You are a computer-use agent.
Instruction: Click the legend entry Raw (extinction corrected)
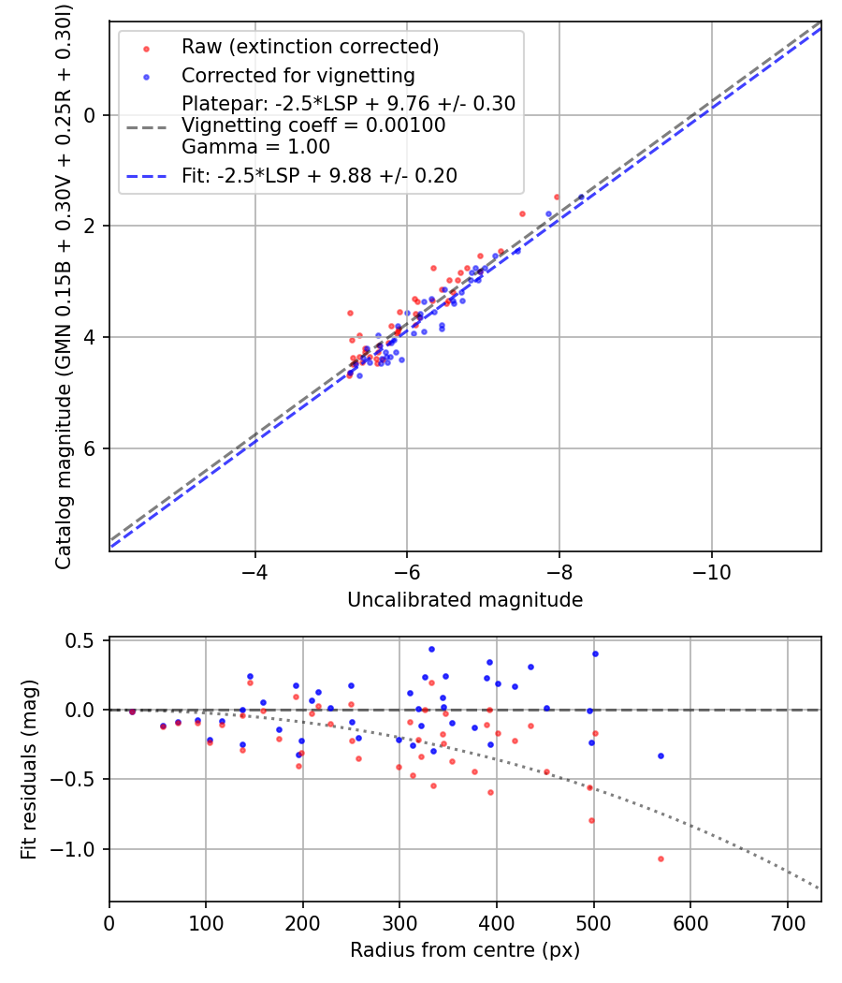(x=310, y=47)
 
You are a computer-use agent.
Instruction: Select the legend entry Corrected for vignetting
(x=298, y=75)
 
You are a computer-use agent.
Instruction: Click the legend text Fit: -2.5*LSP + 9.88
(x=319, y=175)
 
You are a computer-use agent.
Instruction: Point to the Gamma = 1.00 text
(x=255, y=147)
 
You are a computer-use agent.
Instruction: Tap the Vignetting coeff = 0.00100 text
(x=313, y=125)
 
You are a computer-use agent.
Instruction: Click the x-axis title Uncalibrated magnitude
(x=465, y=600)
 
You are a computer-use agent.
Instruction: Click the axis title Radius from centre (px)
(x=465, y=950)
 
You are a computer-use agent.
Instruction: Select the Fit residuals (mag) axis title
(x=29, y=770)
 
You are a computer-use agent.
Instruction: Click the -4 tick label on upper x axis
(x=254, y=570)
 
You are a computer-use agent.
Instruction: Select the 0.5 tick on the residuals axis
(x=84, y=640)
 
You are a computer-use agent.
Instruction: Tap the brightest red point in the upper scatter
(x=557, y=197)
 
